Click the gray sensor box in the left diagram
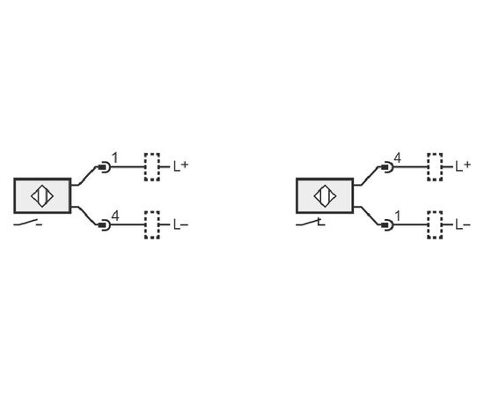tap(42, 195)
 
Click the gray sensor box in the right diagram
tap(325, 195)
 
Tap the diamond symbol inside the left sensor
tap(42, 196)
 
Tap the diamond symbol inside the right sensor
tap(325, 196)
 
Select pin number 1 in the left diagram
tap(115, 158)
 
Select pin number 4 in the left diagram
tap(115, 216)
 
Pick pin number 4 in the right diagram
tap(398, 158)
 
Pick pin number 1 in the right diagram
tap(398, 216)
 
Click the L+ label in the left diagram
tap(180, 166)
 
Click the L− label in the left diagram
tap(180, 224)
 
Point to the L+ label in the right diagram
tap(463, 166)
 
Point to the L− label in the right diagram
tap(463, 224)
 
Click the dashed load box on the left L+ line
tap(152, 167)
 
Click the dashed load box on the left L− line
tap(152, 225)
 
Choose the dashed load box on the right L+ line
tap(435, 167)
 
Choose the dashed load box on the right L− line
tap(435, 225)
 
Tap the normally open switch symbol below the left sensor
tap(28, 223)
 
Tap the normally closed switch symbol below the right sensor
tap(311, 223)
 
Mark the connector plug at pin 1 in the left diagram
tap(104, 167)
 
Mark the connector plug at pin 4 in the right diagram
tap(387, 167)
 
